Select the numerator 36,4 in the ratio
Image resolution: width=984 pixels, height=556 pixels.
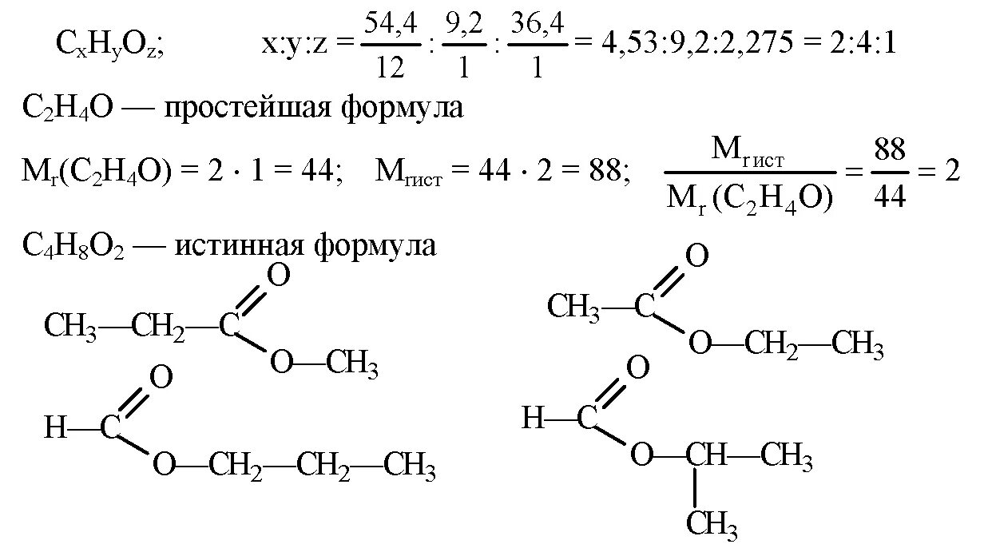click(x=537, y=27)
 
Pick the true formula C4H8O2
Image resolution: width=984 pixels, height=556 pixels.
click(x=73, y=246)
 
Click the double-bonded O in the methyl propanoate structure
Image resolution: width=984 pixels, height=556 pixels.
click(x=278, y=276)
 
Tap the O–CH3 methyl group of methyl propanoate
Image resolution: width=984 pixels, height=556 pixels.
click(x=352, y=364)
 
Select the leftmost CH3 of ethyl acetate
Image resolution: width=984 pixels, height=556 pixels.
click(x=574, y=306)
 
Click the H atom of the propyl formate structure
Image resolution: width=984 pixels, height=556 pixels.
click(x=54, y=429)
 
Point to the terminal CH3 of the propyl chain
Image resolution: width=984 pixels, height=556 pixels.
click(x=409, y=466)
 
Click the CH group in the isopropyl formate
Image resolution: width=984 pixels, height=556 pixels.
click(x=704, y=456)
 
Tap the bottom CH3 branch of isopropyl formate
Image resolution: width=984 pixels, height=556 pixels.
click(x=712, y=524)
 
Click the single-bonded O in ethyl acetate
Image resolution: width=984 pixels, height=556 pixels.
click(x=700, y=345)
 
